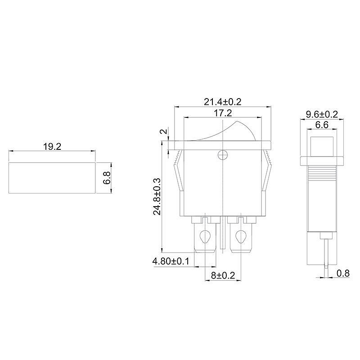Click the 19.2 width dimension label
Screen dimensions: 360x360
pos(52,147)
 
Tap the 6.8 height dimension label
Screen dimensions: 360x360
pos(107,178)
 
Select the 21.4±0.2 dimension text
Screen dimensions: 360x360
pos(223,102)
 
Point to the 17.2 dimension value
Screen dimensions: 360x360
pos(223,113)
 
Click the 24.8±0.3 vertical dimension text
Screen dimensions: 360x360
pos(157,196)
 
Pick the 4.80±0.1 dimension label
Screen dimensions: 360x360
pos(171,261)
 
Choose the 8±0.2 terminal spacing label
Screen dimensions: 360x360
pos(223,275)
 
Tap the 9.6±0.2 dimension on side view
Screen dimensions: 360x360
pos(322,114)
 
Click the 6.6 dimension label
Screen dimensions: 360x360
pos(322,125)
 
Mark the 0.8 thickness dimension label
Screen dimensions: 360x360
pos(343,273)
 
